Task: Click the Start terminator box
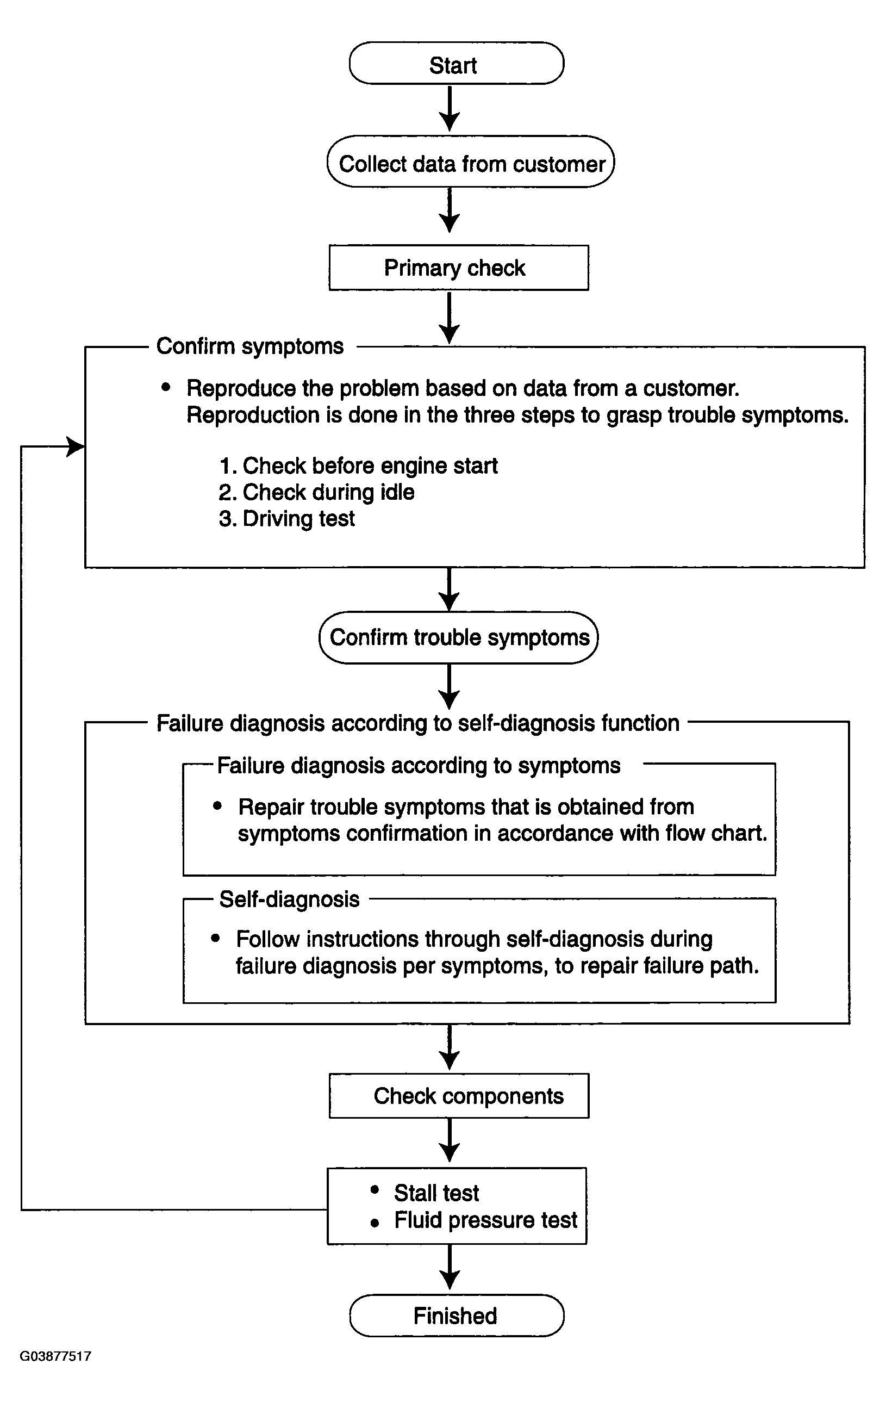coord(456,64)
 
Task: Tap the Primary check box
coord(458,268)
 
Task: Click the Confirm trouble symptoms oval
coord(458,637)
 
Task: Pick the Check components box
coord(458,1096)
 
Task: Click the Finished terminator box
coord(457,1315)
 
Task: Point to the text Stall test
coord(436,1193)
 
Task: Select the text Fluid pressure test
coord(485,1220)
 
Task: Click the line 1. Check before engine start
coord(358,466)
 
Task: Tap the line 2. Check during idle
coord(316,493)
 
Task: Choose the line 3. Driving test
coord(287,519)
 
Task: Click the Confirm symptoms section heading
coord(250,346)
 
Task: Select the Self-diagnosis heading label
coord(289,899)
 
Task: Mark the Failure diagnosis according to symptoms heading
coord(419,766)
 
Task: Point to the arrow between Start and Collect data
coord(450,109)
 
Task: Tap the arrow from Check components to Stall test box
coord(450,1142)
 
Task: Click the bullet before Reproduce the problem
coord(166,387)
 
